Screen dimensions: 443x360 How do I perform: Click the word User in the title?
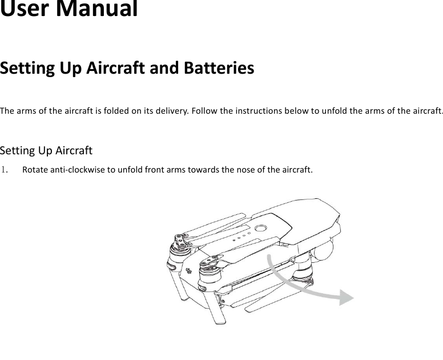pos(23,9)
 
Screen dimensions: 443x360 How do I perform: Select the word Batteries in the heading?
pos(220,69)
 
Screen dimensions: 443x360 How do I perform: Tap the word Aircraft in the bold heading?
pos(116,69)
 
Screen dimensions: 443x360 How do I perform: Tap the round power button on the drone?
pos(261,227)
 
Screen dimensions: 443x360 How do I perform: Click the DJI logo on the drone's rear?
pos(188,269)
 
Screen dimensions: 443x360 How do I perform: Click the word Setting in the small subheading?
pos(18,151)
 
